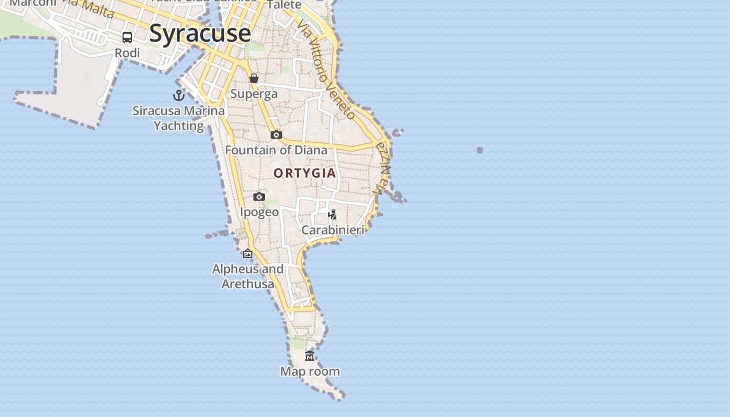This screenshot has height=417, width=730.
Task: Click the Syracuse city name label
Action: point(200,33)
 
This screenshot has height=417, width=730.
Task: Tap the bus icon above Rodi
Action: point(127,38)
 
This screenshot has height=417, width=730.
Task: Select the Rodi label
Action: point(127,53)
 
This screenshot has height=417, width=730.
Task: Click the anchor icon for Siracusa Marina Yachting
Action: point(179,95)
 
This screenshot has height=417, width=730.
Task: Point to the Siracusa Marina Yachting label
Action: point(179,118)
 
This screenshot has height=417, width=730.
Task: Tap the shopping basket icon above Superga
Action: point(254,78)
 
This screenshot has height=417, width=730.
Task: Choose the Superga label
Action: point(254,94)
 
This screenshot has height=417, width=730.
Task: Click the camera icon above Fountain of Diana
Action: point(276,135)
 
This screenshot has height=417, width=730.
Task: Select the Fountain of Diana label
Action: point(276,151)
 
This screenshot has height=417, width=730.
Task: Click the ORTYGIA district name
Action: point(305,173)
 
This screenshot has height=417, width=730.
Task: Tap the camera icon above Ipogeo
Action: point(259,197)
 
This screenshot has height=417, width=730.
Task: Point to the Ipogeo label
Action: point(259,212)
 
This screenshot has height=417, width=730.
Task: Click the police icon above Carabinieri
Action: point(332,214)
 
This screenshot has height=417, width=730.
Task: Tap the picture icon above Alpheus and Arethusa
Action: point(248,254)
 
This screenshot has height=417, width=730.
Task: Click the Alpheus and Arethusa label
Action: point(248,277)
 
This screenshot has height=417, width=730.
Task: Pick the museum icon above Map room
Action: point(310,356)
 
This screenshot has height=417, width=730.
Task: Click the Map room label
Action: point(310,372)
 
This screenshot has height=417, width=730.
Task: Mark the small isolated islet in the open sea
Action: point(480,150)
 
